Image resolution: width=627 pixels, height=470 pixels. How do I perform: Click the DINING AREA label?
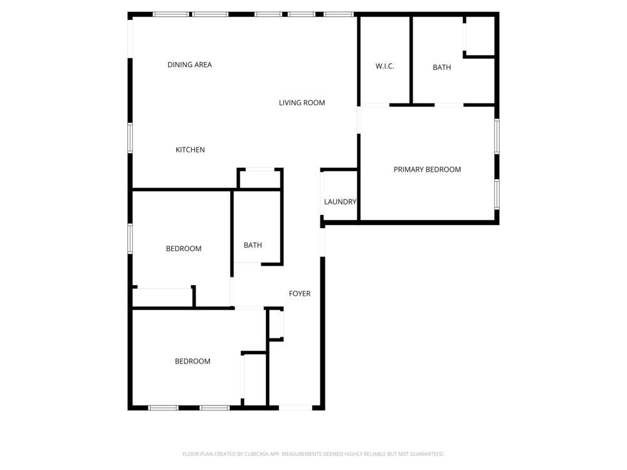click(189, 65)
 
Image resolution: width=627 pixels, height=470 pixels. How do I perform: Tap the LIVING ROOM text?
click(302, 103)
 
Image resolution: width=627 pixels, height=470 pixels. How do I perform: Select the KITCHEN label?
click(191, 150)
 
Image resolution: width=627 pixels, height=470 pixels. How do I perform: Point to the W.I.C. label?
click(385, 66)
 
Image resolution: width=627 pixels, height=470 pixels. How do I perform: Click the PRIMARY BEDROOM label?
click(427, 169)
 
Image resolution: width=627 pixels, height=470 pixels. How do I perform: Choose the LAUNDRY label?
click(340, 202)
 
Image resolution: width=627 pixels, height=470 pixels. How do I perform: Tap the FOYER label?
click(300, 294)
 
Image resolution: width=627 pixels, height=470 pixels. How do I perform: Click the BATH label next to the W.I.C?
click(442, 68)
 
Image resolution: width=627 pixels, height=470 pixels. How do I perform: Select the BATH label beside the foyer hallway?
click(253, 245)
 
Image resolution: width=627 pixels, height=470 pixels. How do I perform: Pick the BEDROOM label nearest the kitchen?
click(184, 249)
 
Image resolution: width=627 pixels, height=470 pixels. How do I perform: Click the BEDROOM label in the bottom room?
click(192, 362)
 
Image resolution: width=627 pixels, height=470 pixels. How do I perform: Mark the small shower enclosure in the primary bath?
click(480, 36)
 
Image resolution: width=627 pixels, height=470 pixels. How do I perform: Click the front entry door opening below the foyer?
click(295, 408)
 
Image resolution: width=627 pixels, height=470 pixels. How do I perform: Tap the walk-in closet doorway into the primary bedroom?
click(375, 105)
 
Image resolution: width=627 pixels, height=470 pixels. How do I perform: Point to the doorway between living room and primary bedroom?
click(359, 120)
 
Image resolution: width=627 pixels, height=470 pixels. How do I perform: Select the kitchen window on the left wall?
click(130, 138)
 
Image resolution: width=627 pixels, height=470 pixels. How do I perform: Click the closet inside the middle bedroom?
click(163, 297)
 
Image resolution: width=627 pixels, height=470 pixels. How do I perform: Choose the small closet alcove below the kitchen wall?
click(260, 179)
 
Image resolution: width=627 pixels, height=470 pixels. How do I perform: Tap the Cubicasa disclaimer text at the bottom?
click(313, 454)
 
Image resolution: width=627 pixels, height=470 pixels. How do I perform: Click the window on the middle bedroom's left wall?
click(130, 239)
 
